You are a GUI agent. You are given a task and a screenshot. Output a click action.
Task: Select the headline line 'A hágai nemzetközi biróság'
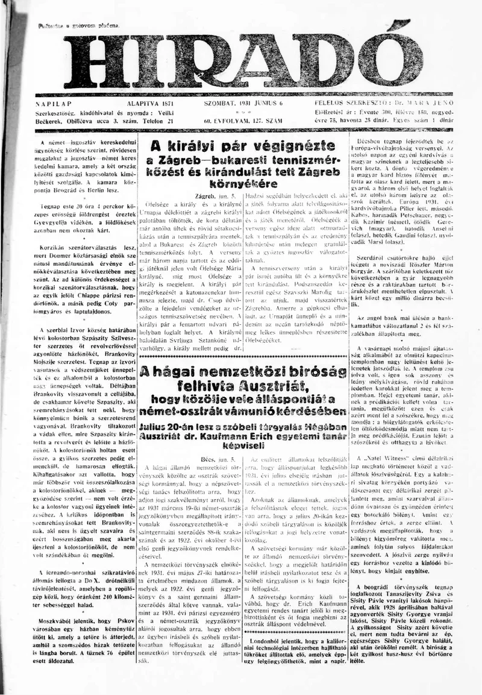[x=243, y=370]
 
